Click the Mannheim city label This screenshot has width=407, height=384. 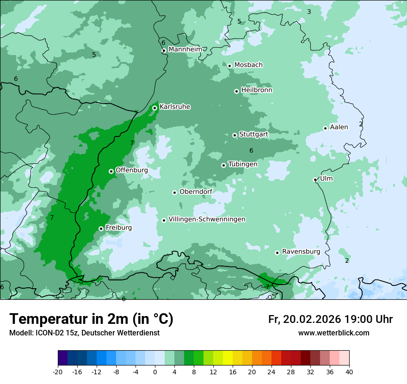click(x=185, y=49)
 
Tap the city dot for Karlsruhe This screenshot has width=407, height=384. click(x=154, y=108)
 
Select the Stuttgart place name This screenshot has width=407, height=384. click(x=253, y=134)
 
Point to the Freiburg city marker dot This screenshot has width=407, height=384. click(x=101, y=229)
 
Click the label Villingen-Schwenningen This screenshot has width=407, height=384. click(x=207, y=219)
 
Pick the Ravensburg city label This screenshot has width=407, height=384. click(x=301, y=252)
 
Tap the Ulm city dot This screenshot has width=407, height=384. click(x=315, y=180)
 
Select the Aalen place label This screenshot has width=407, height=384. click(x=339, y=127)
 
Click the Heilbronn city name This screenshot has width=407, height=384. click(x=257, y=90)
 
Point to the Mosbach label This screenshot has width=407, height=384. click(x=248, y=65)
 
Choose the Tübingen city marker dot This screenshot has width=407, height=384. click(x=223, y=165)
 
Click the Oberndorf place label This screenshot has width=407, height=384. click(x=196, y=192)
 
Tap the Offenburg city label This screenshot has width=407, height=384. click(x=131, y=170)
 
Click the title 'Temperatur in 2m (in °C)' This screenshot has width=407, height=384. click(x=92, y=319)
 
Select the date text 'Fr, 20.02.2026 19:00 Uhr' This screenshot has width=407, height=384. click(x=330, y=319)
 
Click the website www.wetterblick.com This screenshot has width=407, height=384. click(x=333, y=333)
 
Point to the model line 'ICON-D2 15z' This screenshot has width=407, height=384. click(x=84, y=333)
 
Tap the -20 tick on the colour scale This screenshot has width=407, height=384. click(x=58, y=372)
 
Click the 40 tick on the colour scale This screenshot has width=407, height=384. click(x=349, y=372)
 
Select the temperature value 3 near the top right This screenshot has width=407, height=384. click(x=309, y=12)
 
